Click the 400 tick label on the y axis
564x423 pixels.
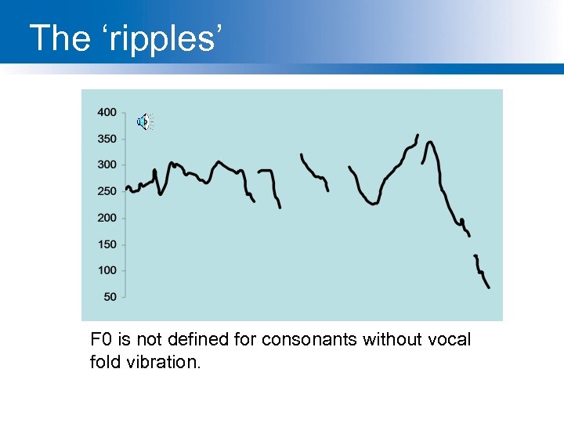click(107, 112)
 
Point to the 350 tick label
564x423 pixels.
click(107, 139)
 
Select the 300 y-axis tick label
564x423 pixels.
click(107, 164)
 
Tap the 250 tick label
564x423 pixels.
click(107, 191)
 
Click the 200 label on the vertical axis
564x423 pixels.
click(107, 218)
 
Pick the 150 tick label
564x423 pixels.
click(107, 244)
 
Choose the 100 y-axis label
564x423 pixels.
click(107, 270)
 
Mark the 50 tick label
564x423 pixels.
click(110, 297)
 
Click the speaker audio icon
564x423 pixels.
click(145, 121)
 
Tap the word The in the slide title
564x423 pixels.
click(60, 38)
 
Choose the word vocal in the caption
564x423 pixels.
click(450, 340)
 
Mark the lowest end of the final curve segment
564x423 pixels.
click(489, 287)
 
